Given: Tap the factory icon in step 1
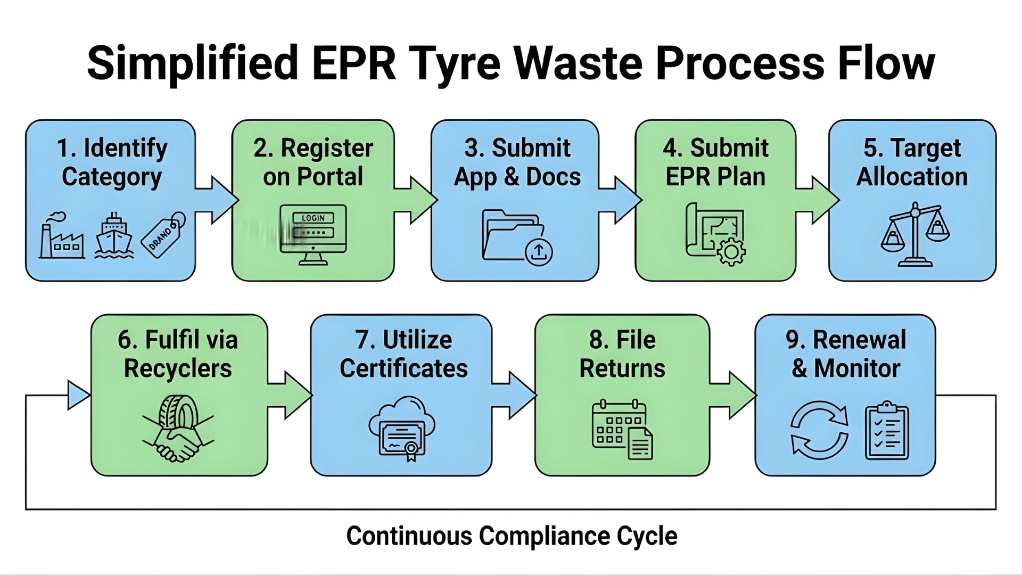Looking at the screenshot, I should click(61, 238).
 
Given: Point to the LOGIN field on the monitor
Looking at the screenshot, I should click(313, 218).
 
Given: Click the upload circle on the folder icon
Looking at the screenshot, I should click(539, 251).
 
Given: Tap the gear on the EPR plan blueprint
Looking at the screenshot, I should click(731, 251).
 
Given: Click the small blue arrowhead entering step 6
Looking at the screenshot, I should click(78, 395).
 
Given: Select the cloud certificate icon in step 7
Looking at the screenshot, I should click(402, 429).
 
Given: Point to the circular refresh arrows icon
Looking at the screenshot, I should click(819, 430).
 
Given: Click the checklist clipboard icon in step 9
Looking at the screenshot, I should click(887, 431).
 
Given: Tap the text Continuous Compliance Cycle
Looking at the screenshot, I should click(512, 536).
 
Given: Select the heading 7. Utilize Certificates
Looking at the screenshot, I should click(403, 354).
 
